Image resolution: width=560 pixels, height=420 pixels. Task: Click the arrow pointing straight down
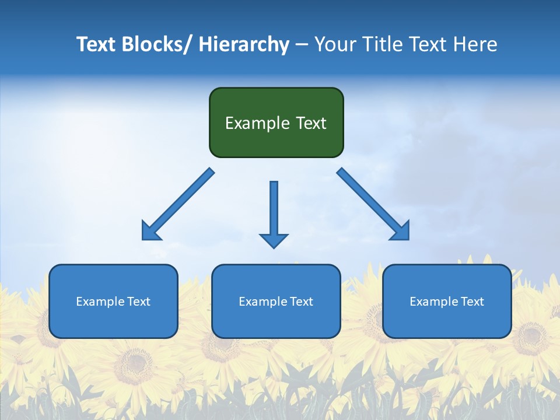pos(274,213)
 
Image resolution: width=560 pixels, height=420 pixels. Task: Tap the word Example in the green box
pos(257,123)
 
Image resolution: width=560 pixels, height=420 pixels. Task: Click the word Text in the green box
pos(310,123)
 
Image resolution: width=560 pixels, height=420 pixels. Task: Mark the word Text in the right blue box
pos(473,302)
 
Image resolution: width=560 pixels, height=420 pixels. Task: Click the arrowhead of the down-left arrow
pos(150,232)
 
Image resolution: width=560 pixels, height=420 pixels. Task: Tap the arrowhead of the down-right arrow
pos(401,232)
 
